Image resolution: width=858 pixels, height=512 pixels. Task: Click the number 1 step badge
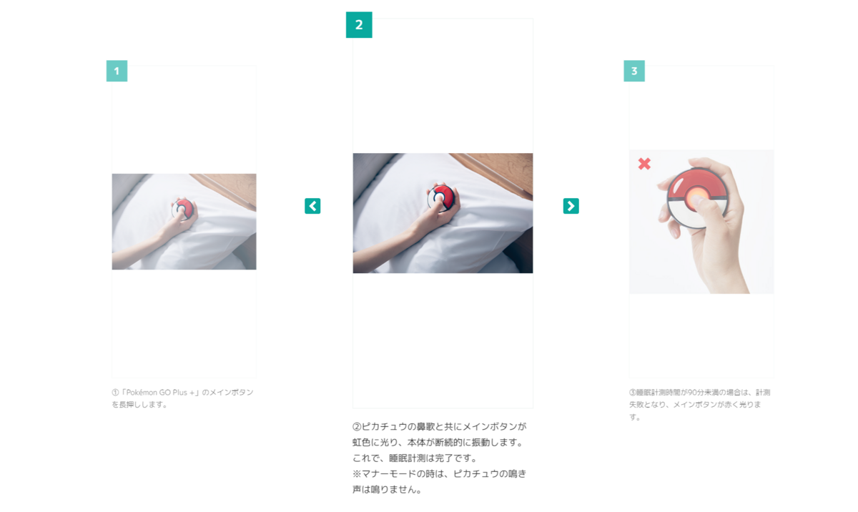tap(117, 71)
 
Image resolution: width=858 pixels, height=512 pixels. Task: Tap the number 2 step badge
tap(359, 25)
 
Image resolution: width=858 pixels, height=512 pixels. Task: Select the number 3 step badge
tap(634, 71)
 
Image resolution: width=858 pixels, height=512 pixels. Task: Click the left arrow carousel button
tap(312, 206)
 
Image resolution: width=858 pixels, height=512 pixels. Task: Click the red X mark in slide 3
tap(644, 164)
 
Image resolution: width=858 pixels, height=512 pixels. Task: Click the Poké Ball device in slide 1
tap(183, 210)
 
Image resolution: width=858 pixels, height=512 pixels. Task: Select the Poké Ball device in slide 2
tap(441, 198)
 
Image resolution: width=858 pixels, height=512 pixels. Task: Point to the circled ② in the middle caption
tap(357, 427)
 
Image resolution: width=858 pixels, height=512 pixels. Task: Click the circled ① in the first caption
tap(115, 393)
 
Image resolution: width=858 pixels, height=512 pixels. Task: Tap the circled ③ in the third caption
tap(633, 393)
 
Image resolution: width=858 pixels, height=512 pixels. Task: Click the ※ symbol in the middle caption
tap(357, 474)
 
